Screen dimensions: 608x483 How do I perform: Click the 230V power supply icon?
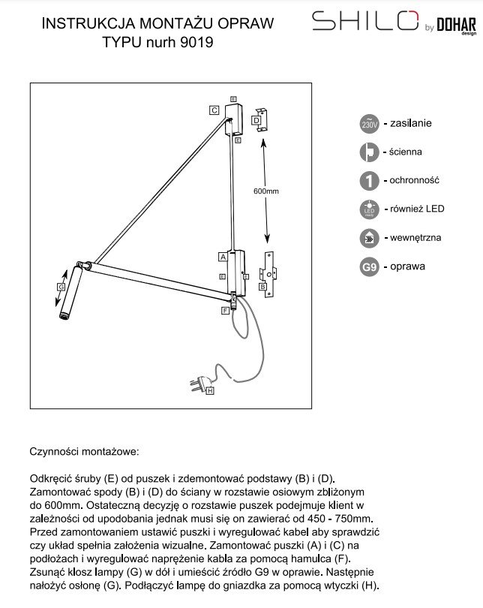pyautogui.click(x=368, y=124)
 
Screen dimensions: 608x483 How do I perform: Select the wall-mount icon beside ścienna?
pyautogui.click(x=368, y=152)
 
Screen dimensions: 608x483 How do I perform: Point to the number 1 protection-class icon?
pyautogui.click(x=368, y=181)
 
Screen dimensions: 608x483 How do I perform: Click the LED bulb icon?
pyautogui.click(x=368, y=209)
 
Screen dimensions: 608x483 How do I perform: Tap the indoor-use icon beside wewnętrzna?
pyautogui.click(x=368, y=238)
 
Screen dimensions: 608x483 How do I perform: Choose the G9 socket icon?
pyautogui.click(x=368, y=266)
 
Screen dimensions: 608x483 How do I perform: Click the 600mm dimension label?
pyautogui.click(x=266, y=191)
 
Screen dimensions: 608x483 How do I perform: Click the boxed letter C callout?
pyautogui.click(x=214, y=110)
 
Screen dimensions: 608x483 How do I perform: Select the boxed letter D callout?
pyautogui.click(x=256, y=119)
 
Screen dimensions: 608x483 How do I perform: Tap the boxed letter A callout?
pyautogui.click(x=223, y=256)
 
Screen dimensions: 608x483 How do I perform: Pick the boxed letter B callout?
pyautogui.click(x=263, y=286)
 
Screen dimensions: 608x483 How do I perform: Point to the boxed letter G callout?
pyautogui.click(x=61, y=287)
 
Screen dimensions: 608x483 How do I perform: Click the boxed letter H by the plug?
pyautogui.click(x=209, y=390)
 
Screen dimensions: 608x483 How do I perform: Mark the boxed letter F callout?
pyautogui.click(x=225, y=309)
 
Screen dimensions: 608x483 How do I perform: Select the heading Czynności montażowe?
pyautogui.click(x=84, y=453)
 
